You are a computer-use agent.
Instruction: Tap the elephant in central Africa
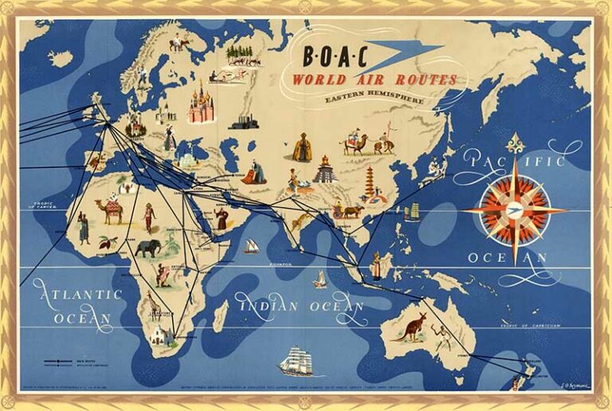[x=147, y=249]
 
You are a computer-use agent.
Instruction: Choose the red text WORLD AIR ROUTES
[x=375, y=80]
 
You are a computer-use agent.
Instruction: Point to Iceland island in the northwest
[x=60, y=58]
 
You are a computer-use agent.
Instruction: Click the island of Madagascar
[x=220, y=316]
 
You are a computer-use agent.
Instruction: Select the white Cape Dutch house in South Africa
[x=163, y=335]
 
